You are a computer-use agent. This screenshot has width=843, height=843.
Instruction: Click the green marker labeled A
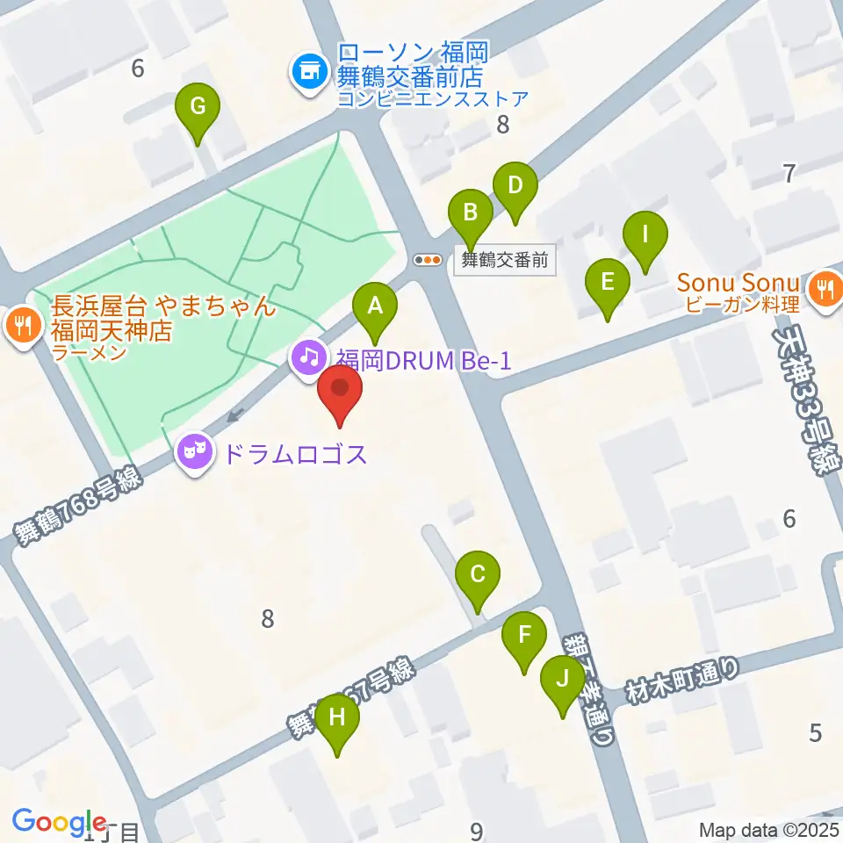pos(375,307)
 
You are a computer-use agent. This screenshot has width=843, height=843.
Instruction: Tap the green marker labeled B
pos(471,213)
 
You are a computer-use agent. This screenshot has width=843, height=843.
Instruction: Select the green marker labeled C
pos(478,576)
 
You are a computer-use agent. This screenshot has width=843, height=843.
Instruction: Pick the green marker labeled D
pos(515,186)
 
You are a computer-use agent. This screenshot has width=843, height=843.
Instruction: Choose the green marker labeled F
pos(525,635)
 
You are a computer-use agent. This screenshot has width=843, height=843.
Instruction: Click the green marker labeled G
pos(198,108)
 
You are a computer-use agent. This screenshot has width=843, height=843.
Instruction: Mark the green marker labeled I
pos(645,235)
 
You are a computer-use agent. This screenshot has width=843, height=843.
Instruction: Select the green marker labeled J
pos(562,679)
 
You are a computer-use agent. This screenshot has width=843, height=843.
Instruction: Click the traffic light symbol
pos(428,260)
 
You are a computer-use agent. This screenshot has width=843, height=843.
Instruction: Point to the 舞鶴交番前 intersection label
pos(504,260)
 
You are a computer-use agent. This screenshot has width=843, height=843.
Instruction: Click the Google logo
pos(59,821)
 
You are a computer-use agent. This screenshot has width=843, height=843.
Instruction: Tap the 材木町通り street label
pos(684,681)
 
